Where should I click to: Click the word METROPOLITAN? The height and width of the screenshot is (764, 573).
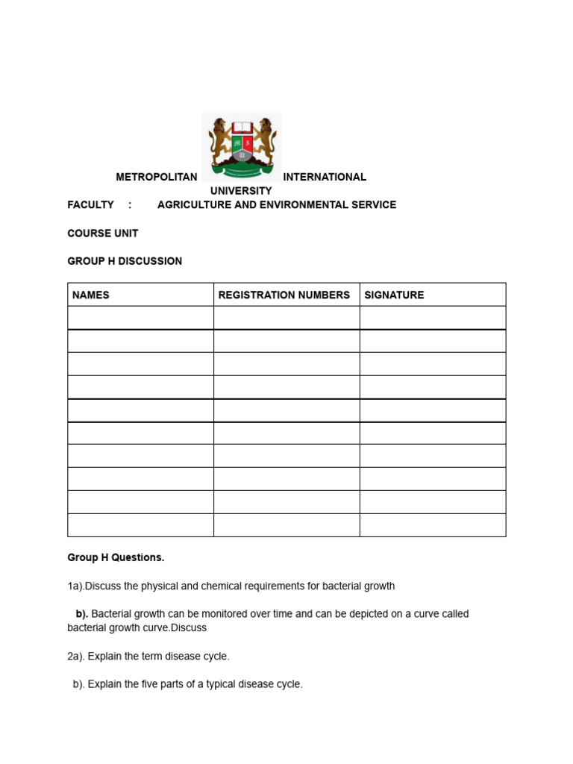click(157, 177)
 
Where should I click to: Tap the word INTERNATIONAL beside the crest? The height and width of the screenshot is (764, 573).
click(325, 177)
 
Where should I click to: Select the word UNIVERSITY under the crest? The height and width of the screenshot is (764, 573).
click(241, 191)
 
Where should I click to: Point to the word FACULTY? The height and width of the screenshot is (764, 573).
click(90, 204)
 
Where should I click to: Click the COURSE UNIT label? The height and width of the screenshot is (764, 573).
click(103, 233)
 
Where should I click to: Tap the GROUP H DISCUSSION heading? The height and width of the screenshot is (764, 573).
click(125, 261)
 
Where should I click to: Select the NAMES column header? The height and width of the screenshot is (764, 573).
click(90, 295)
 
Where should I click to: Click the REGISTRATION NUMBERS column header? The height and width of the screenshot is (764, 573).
click(284, 295)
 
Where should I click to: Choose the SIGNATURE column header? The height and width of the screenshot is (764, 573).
click(394, 295)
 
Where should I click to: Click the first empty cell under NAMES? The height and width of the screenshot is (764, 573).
click(140, 318)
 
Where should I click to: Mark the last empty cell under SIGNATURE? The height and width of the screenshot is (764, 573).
click(433, 525)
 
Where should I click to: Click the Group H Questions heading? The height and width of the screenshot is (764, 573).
click(116, 557)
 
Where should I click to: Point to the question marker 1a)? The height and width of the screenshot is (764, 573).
click(75, 586)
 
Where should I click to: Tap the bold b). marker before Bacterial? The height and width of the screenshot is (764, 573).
click(81, 614)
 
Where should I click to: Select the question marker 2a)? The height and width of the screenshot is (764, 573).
click(76, 657)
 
